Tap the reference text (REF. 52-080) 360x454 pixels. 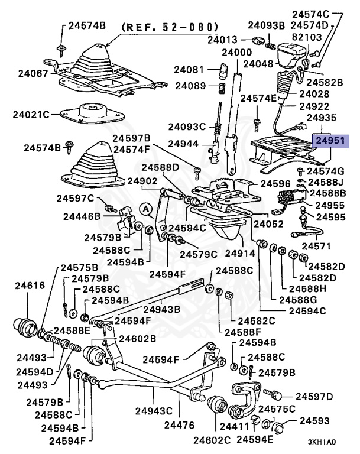click(x=170, y=27)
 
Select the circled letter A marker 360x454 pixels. click(x=145, y=208)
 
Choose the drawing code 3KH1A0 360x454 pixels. click(x=322, y=442)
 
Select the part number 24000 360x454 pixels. click(x=236, y=53)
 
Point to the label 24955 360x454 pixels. click(x=330, y=205)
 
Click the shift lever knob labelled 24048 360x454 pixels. click(x=290, y=55)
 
